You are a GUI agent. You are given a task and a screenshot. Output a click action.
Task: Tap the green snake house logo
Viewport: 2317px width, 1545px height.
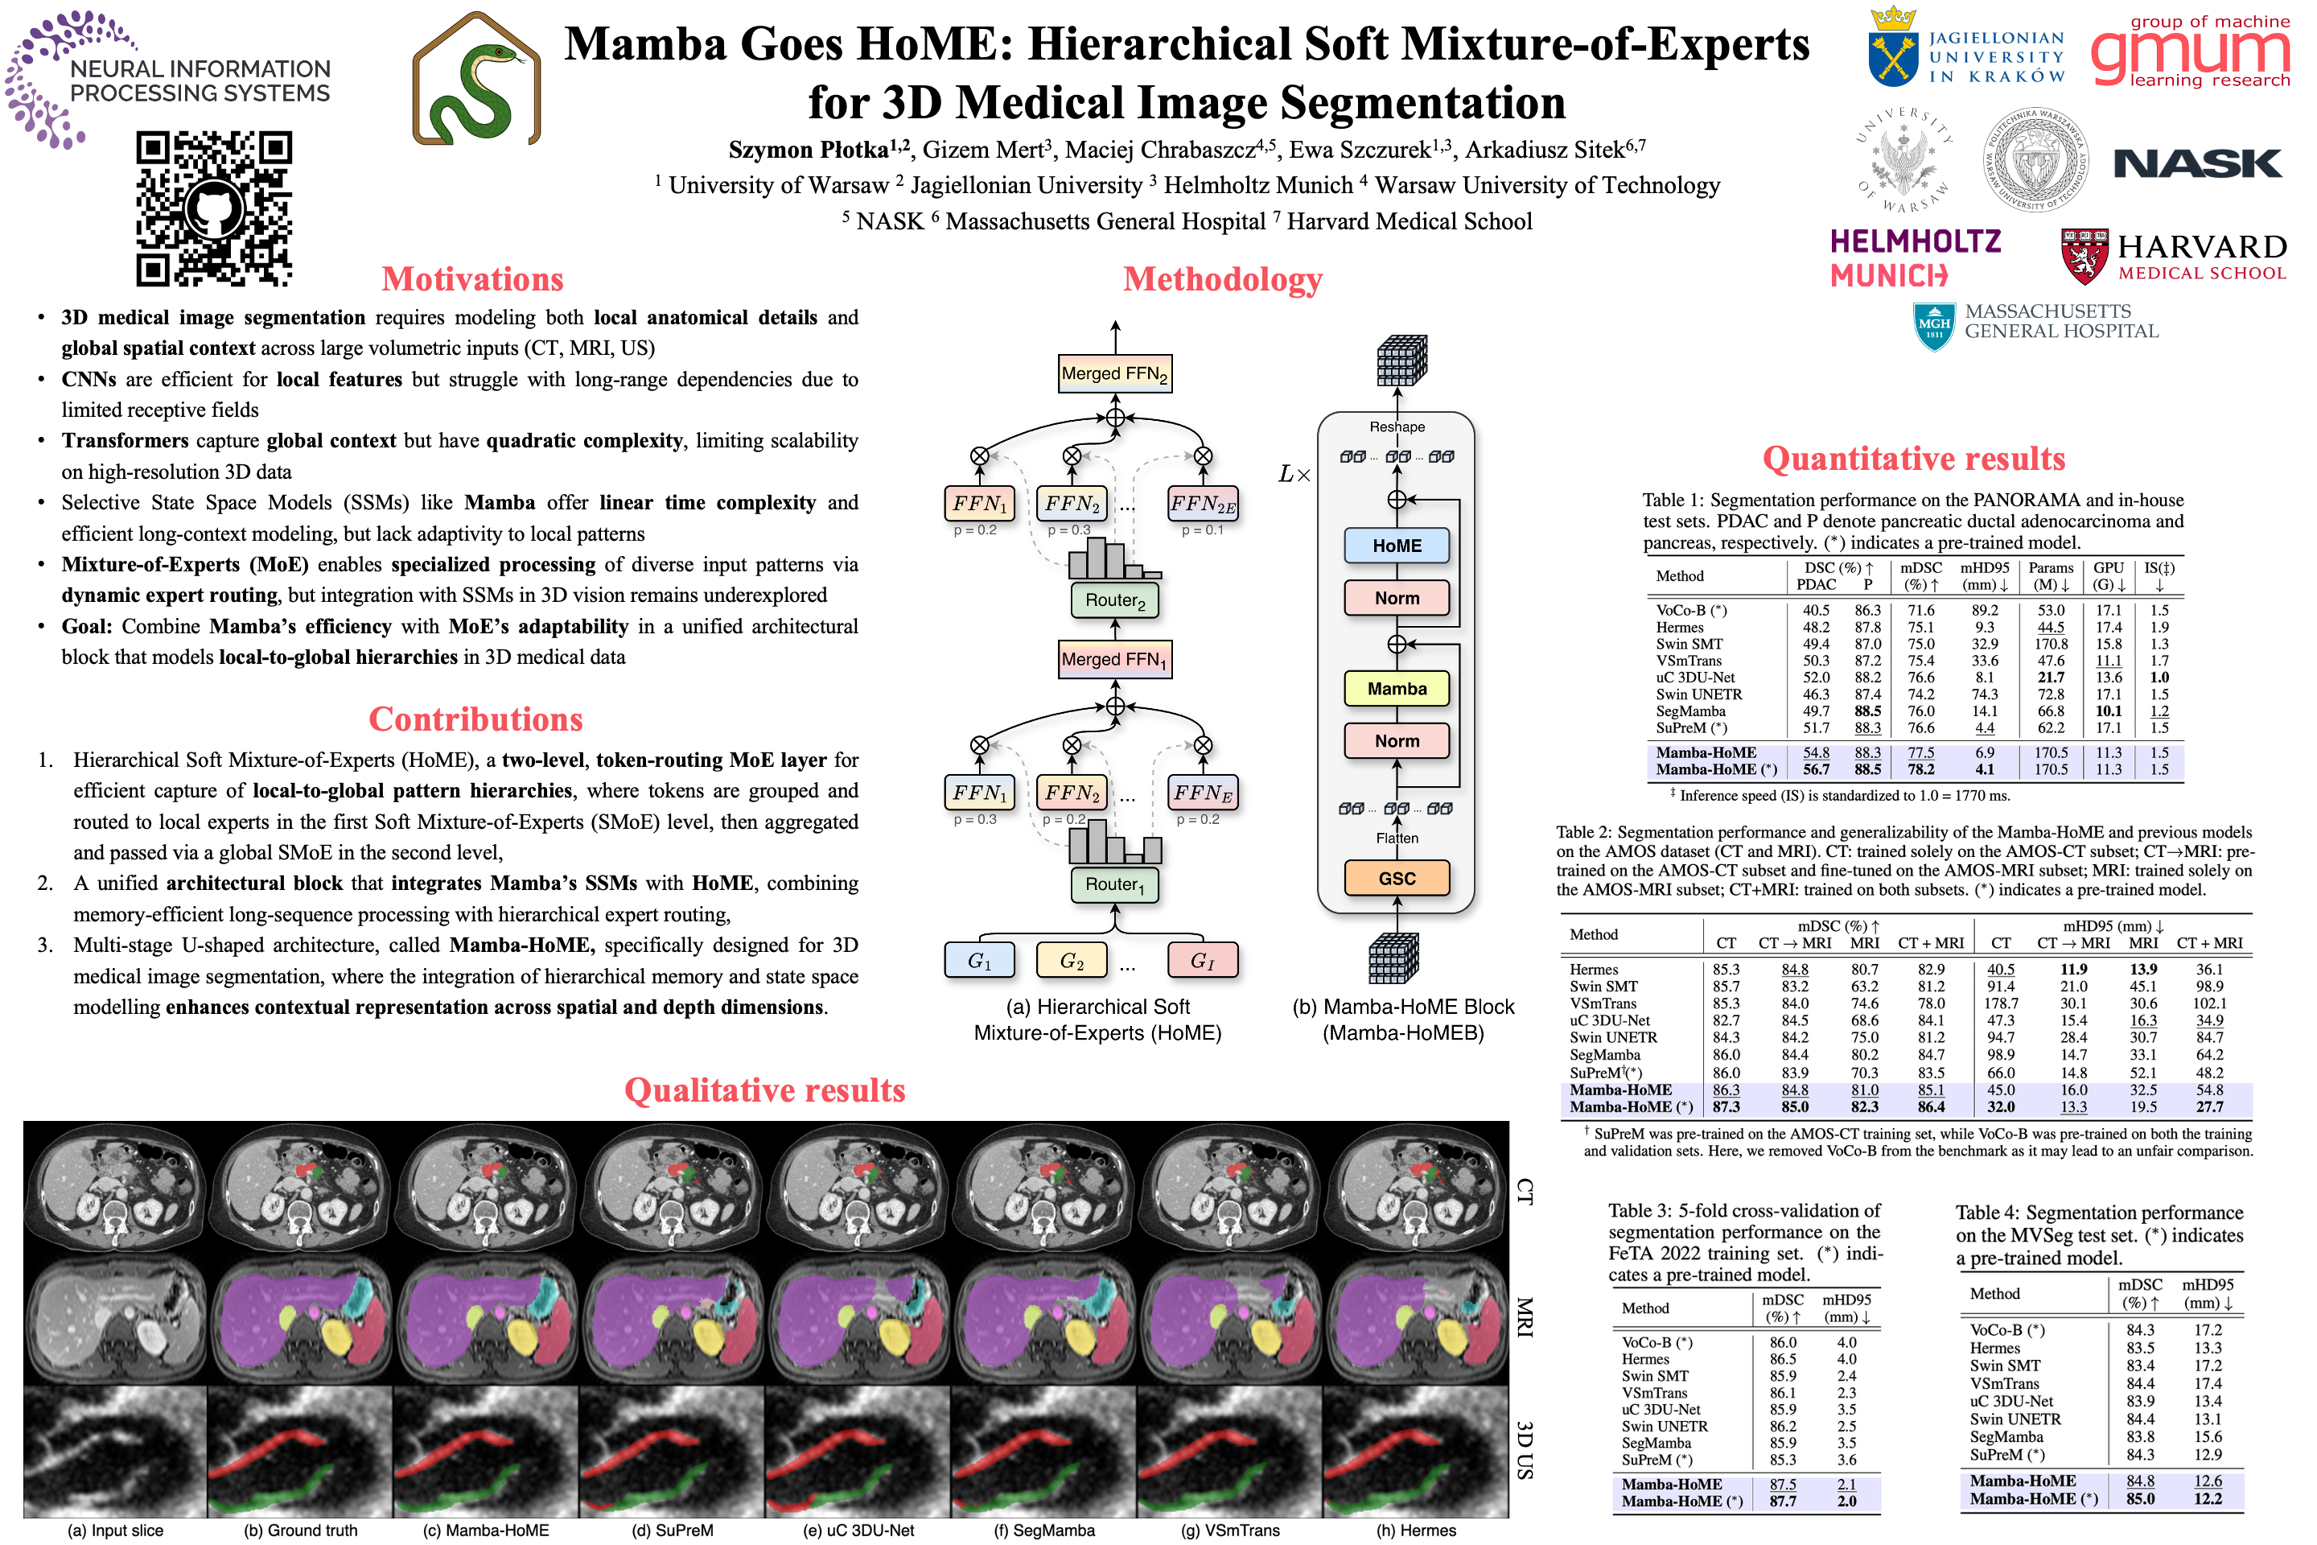pos(477,79)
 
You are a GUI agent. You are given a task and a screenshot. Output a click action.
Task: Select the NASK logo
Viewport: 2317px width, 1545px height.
pos(2198,163)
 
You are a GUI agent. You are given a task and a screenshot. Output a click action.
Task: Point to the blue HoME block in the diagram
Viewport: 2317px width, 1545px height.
pos(1397,546)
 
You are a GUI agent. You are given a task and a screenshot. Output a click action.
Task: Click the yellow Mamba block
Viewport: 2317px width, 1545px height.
pos(1397,689)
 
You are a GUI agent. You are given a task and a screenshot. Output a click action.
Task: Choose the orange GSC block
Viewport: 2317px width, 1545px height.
pos(1397,878)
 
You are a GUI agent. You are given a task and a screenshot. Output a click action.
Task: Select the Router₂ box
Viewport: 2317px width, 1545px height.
pos(1115,600)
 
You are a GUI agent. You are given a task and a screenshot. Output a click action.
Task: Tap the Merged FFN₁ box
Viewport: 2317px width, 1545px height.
pos(1114,659)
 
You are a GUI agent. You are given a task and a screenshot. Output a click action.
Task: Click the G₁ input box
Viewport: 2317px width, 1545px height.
pos(979,960)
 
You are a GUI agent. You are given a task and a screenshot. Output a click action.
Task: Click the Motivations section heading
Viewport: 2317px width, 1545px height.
pos(473,280)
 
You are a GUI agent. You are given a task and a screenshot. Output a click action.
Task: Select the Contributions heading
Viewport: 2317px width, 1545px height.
pos(475,719)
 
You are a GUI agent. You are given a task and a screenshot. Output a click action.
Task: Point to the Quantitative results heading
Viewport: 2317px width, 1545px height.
pos(1913,459)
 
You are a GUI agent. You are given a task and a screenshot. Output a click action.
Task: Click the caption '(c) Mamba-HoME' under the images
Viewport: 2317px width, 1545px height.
pos(486,1531)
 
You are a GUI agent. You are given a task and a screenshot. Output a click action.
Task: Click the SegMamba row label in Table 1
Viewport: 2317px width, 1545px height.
pos(1690,711)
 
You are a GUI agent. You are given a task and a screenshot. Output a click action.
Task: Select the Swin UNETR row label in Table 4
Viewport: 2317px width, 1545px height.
pos(2015,1419)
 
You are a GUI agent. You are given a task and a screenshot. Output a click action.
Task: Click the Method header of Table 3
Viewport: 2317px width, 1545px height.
pos(1645,1308)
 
